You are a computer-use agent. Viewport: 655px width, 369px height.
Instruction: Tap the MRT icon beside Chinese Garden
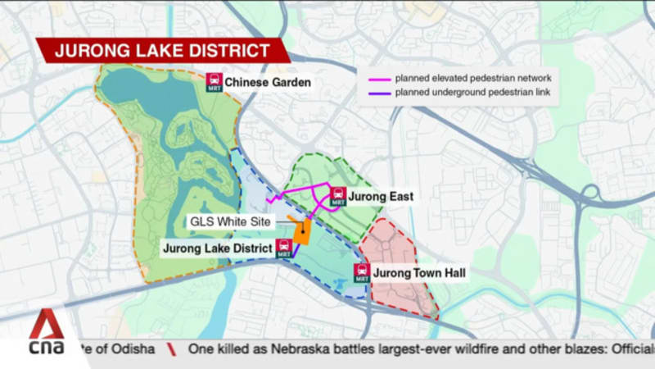214,83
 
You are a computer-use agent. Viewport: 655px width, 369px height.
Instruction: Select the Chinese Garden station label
268,83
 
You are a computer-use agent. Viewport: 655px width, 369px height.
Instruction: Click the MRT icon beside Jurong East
337,197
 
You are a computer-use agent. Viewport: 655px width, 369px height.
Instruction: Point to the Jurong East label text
381,197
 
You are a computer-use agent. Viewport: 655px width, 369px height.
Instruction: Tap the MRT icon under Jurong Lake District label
284,249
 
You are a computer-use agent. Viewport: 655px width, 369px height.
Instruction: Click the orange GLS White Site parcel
300,232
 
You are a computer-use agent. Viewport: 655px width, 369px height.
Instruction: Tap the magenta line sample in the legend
380,79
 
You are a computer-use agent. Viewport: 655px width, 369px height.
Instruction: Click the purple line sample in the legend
380,93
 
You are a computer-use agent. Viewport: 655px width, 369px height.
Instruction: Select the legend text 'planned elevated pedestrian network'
472,79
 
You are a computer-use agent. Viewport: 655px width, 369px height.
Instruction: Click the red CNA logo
46,337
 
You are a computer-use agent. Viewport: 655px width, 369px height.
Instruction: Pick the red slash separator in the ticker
171,348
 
